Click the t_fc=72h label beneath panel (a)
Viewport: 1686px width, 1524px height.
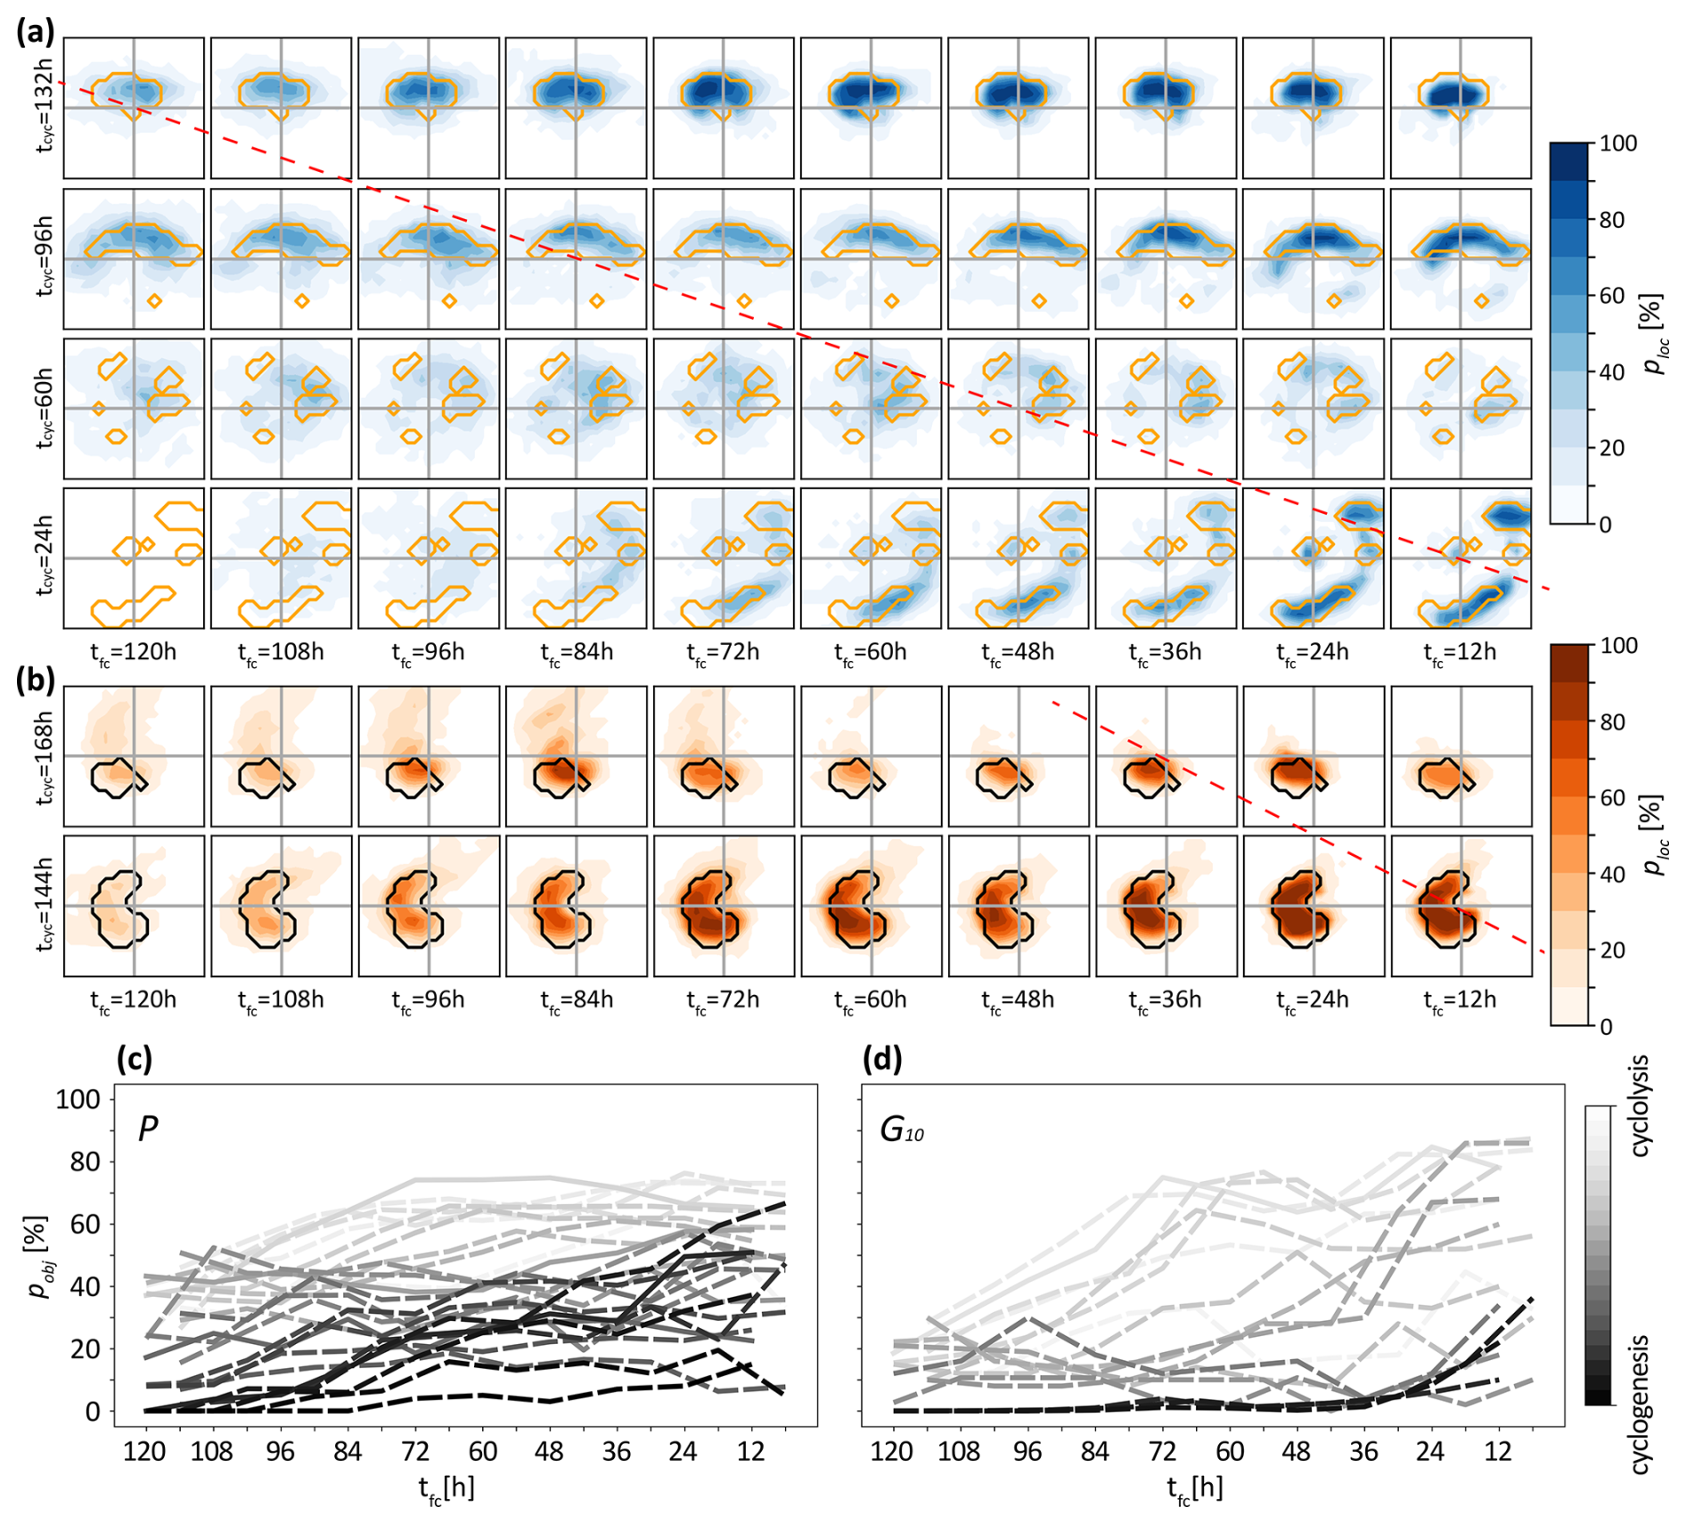coord(723,653)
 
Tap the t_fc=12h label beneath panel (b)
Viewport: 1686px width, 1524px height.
coord(1460,1000)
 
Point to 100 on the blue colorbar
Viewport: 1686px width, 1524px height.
coord(1618,143)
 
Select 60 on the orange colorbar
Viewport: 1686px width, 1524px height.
coord(1612,798)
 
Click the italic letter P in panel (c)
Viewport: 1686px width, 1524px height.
coord(148,1129)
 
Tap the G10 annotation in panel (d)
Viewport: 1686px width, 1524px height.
coord(901,1130)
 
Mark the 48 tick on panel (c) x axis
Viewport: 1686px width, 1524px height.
coord(549,1452)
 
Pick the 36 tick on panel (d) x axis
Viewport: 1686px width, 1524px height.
coord(1363,1452)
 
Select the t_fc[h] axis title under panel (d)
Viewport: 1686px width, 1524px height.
coord(1194,1487)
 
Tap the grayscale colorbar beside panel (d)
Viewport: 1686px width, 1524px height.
coord(1599,1255)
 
